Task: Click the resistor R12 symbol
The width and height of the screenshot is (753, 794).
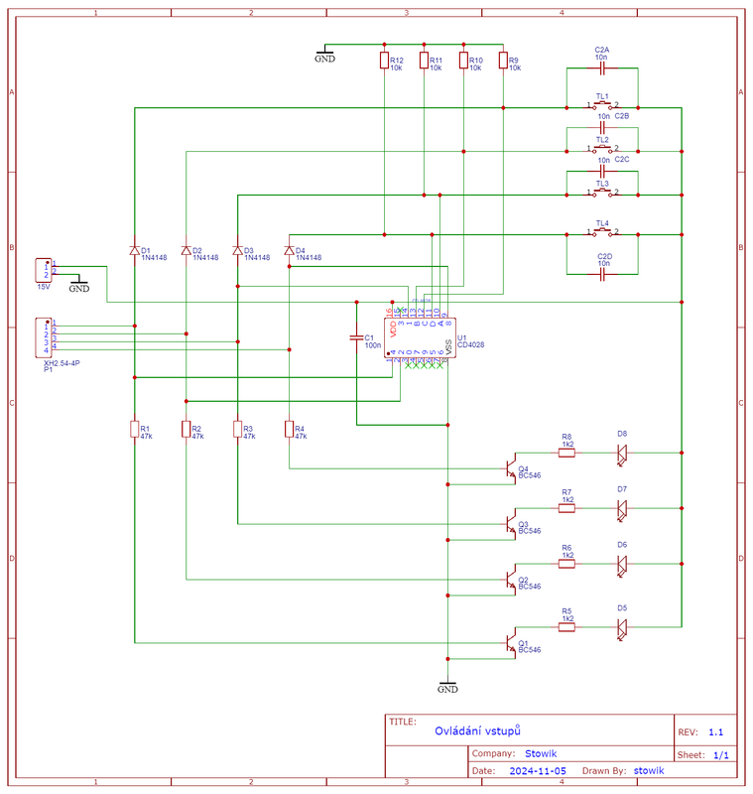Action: click(384, 62)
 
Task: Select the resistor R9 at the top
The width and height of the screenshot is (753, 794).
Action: click(503, 62)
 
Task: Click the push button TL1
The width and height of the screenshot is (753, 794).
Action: click(602, 106)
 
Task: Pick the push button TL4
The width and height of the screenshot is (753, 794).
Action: click(602, 234)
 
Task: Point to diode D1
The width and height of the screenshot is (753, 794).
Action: click(134, 251)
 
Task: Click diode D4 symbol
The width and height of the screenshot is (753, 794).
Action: click(289, 251)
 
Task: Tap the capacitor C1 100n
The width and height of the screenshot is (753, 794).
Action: click(356, 338)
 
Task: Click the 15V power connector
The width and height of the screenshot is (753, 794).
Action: click(44, 270)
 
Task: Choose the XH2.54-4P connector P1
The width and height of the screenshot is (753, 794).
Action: click(44, 336)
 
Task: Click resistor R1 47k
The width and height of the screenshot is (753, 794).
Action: click(134, 429)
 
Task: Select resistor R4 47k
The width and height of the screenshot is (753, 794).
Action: click(289, 429)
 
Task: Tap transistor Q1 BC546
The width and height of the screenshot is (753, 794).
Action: click(509, 643)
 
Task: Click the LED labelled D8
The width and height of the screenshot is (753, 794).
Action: click(622, 453)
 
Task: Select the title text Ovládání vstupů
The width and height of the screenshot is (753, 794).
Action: click(478, 730)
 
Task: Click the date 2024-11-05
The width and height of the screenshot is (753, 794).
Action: click(537, 770)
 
